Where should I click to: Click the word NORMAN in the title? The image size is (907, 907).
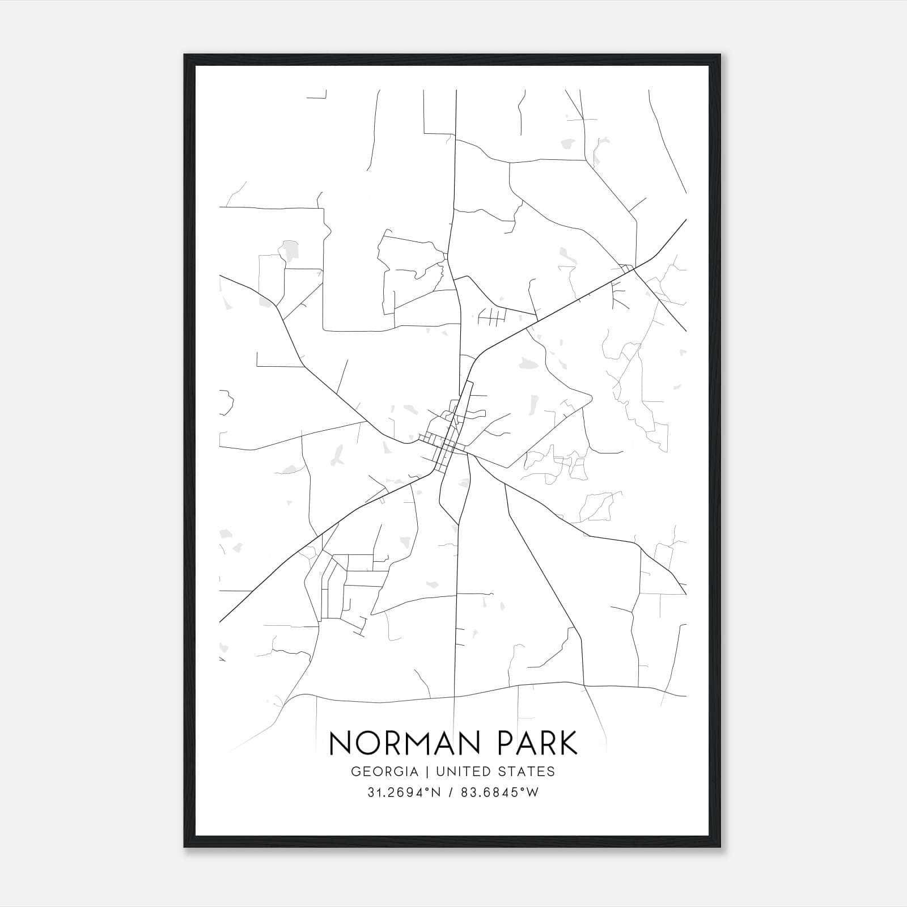(407, 743)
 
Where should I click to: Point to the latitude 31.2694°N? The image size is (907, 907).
(404, 792)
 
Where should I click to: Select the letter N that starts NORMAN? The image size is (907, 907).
(341, 743)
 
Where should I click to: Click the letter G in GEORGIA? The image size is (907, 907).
(355, 772)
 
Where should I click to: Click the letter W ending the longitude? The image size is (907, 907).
(532, 792)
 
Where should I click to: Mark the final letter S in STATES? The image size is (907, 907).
(551, 772)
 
